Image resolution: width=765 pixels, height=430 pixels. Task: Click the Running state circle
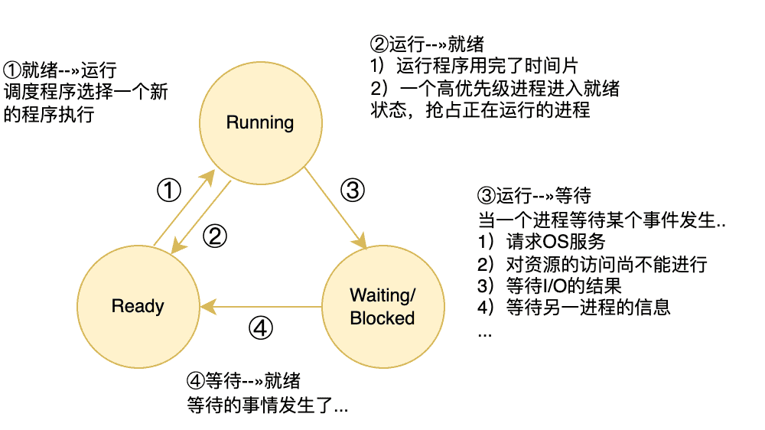click(260, 122)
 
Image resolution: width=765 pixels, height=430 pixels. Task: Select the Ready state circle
click(138, 306)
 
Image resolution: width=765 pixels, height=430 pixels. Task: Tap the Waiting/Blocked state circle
click(382, 306)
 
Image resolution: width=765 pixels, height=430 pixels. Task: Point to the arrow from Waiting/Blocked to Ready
click(260, 306)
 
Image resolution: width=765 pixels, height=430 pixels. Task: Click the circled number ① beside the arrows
click(168, 189)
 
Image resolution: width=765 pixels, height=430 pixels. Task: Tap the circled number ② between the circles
click(216, 236)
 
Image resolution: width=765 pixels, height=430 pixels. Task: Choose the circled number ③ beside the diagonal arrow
click(352, 189)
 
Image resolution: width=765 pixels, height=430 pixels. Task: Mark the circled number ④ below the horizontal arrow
click(261, 328)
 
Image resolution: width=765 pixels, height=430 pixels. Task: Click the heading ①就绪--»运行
click(60, 71)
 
